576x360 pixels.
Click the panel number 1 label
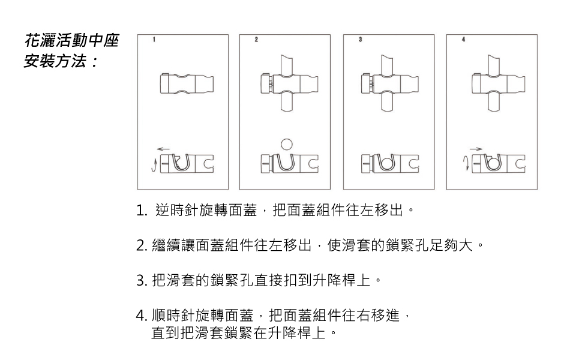point(154,40)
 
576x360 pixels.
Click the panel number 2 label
point(256,40)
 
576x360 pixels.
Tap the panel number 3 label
point(361,40)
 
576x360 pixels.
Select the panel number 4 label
point(464,40)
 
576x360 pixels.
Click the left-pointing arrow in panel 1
point(163,149)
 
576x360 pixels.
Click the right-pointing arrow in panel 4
point(476,149)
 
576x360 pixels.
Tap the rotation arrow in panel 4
point(466,163)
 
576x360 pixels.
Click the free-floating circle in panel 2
point(287,144)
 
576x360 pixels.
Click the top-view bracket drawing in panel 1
point(187,83)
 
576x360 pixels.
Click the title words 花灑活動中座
point(72,41)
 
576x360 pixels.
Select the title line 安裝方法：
point(61,61)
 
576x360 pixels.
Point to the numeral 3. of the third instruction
point(142,281)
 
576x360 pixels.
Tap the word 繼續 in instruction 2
point(166,245)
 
